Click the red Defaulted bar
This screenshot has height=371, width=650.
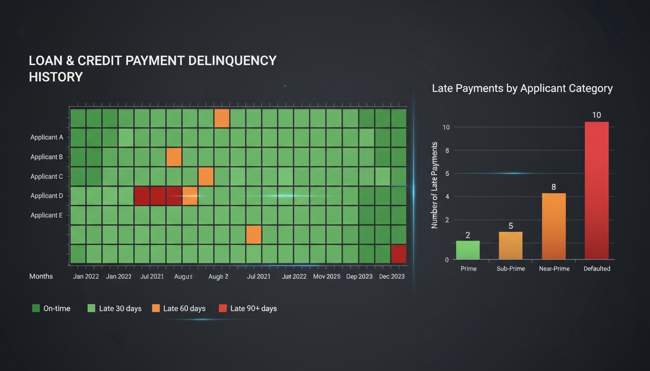pos(596,190)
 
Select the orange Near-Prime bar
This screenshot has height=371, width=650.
pos(554,226)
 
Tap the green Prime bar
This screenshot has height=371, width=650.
pos(468,250)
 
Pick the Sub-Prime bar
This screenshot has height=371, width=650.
pos(511,245)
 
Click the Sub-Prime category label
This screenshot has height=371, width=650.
pos(511,269)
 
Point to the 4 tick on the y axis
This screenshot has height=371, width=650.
pos(447,197)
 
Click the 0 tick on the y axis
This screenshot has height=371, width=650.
pos(447,260)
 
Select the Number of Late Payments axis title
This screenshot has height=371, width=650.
pos(434,185)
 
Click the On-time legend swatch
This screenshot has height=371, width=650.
pos(36,308)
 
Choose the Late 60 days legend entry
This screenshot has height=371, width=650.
pos(179,308)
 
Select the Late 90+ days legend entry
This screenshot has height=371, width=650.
pos(248,308)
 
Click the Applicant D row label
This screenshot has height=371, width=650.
pos(46,196)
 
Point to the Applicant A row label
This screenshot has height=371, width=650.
pos(46,137)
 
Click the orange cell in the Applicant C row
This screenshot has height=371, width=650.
pos(206,176)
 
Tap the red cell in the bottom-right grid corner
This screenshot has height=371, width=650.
pos(399,254)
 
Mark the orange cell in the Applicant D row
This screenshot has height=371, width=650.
pos(190,196)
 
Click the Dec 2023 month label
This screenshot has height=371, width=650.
pos(392,276)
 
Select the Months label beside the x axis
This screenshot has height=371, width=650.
pos(41,276)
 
